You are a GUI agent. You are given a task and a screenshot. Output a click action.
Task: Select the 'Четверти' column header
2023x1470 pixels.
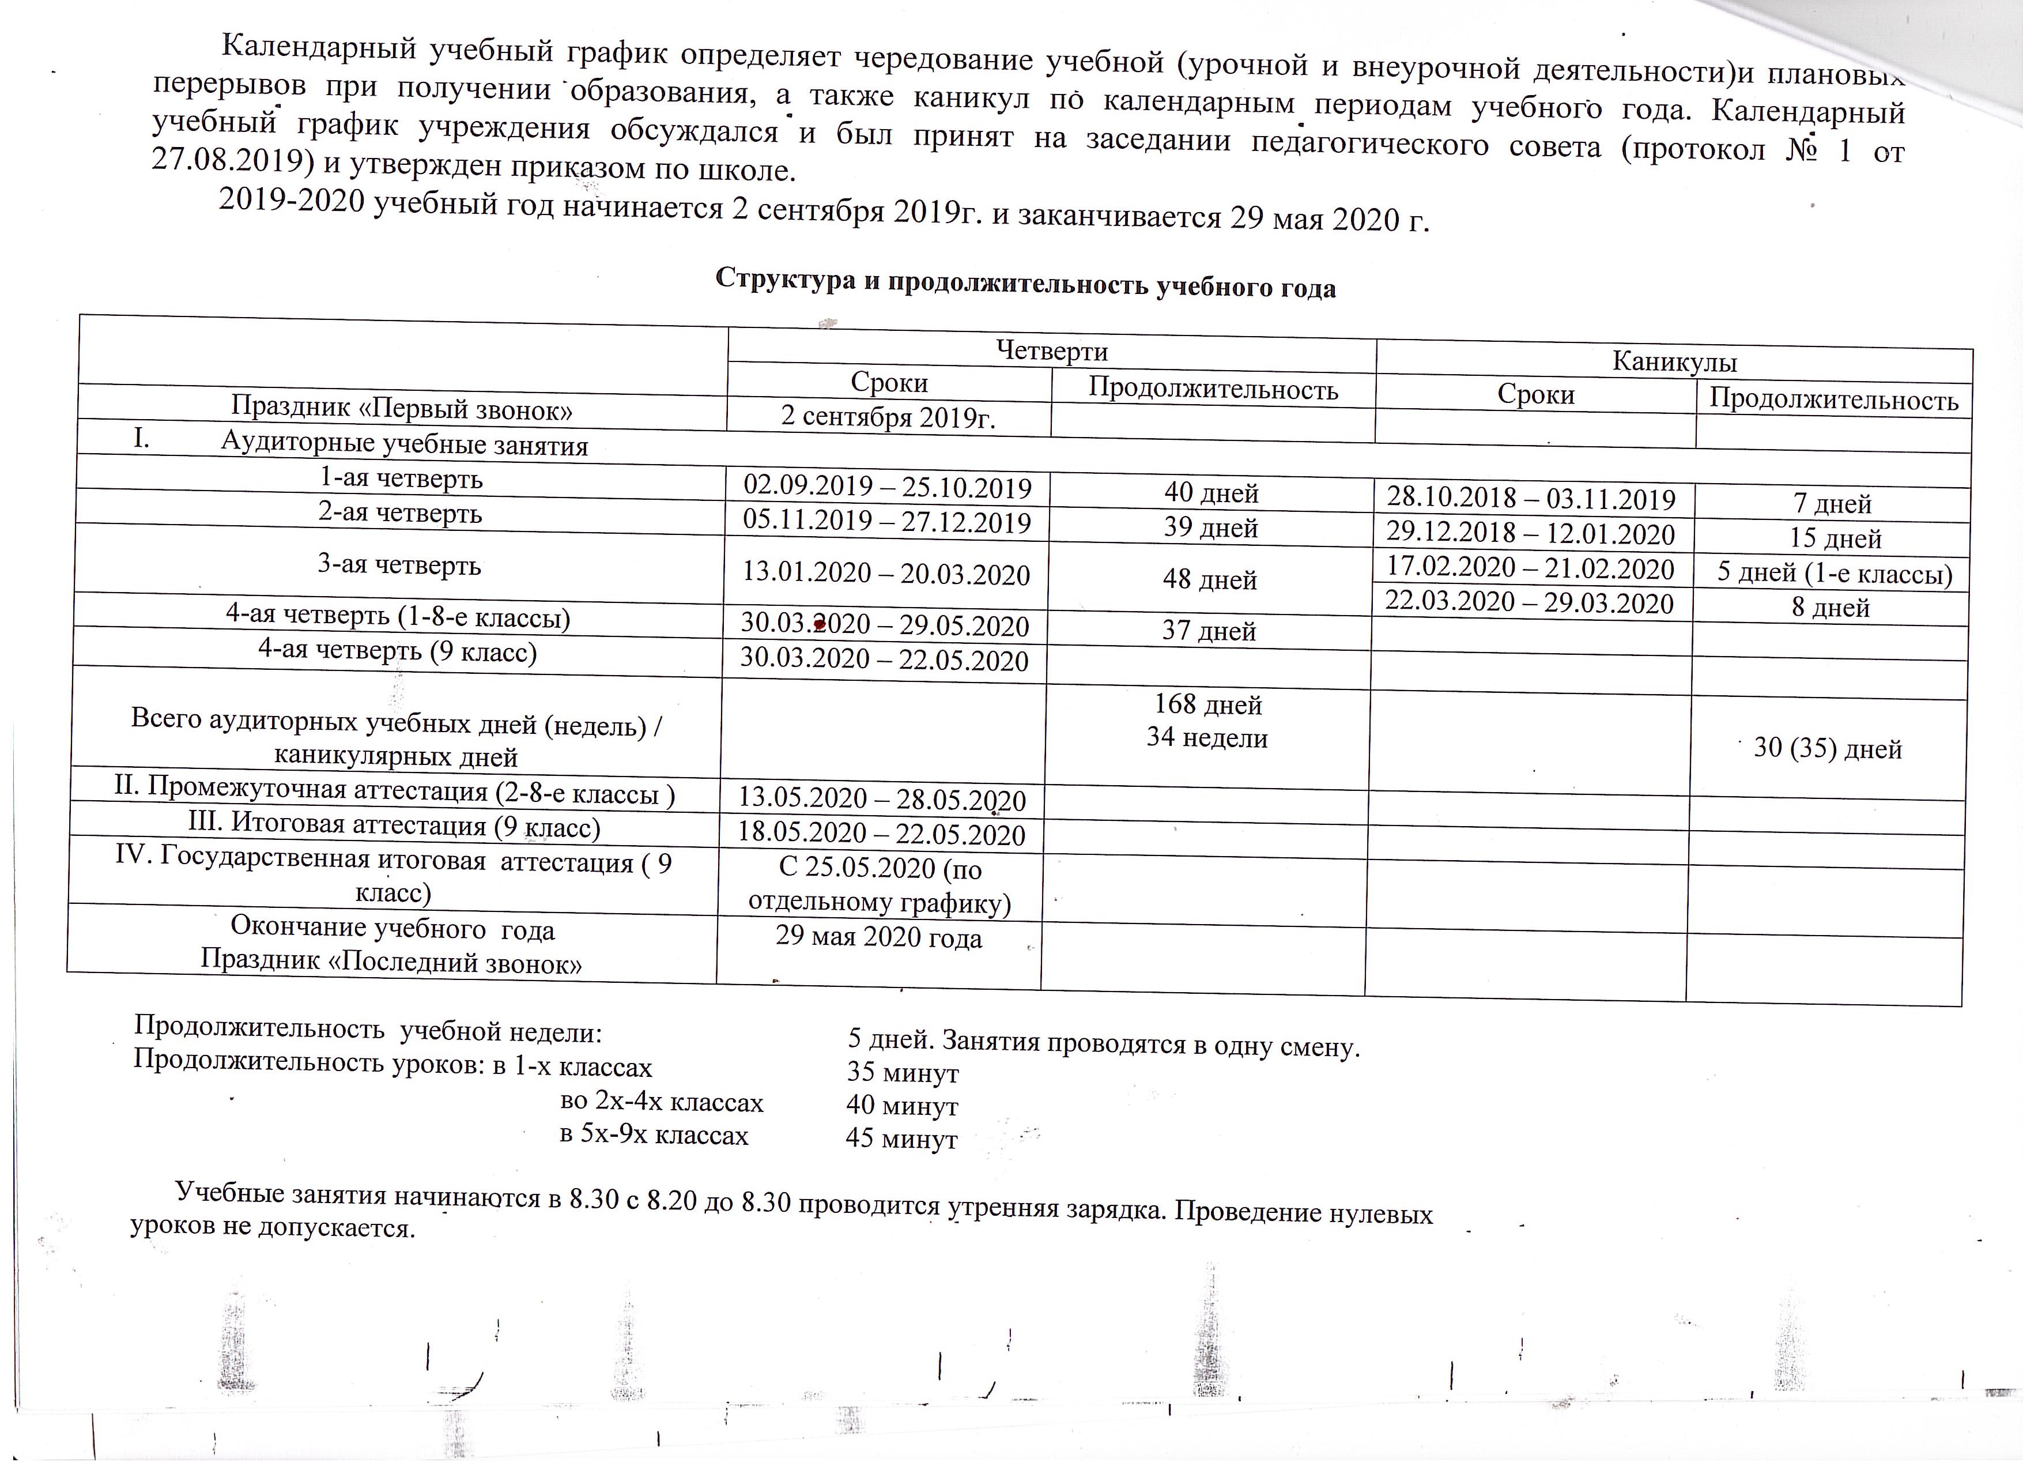[1052, 350]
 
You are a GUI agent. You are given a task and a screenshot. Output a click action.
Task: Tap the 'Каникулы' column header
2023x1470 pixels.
[1674, 361]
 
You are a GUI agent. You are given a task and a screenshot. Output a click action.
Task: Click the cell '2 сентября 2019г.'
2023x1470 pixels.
[888, 417]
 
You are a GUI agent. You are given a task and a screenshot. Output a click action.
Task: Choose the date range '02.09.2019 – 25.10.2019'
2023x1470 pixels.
[888, 487]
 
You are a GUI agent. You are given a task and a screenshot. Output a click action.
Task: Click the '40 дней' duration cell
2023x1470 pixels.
[1211, 492]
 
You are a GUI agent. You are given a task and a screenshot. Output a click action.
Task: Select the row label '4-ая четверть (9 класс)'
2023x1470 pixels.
[397, 651]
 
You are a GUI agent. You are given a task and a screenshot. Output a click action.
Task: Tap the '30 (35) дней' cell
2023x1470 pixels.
[1828, 748]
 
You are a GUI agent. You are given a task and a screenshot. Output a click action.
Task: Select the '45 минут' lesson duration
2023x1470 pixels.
[901, 1139]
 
